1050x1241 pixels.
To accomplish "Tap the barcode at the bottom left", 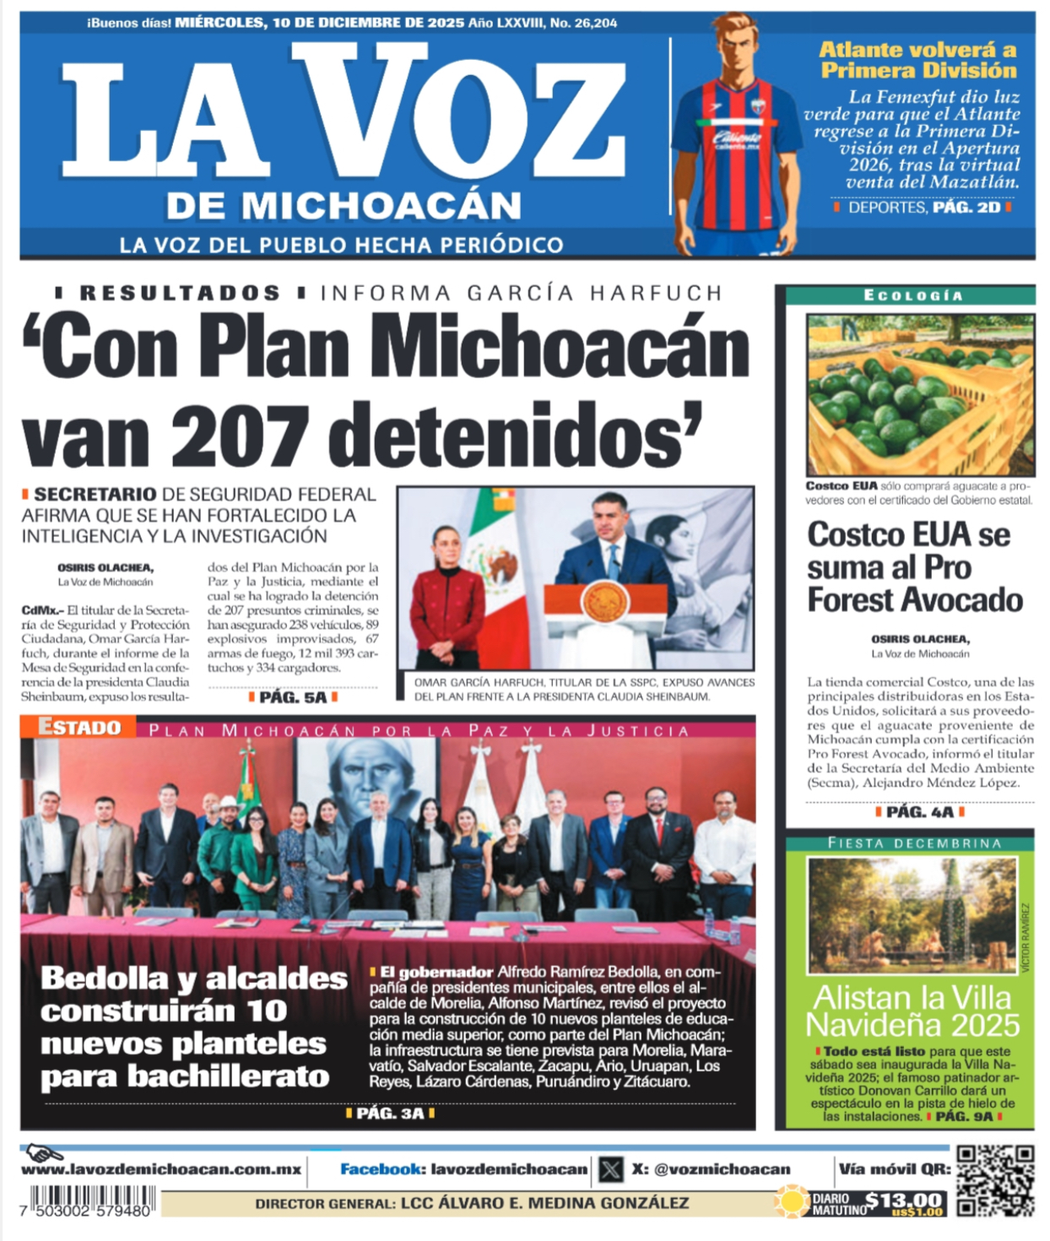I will coord(88,1199).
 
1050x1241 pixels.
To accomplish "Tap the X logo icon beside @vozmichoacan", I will coord(610,1170).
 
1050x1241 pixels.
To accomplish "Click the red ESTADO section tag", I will coord(79,727).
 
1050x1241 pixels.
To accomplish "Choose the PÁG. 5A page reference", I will coord(292,697).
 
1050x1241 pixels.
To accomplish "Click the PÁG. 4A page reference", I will coord(919,811).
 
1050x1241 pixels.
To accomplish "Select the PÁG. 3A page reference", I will coord(389,1114).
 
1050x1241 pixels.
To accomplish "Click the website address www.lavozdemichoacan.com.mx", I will coord(161,1169).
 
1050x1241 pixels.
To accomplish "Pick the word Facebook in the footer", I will coord(382,1169).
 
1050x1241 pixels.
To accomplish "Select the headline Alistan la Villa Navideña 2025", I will coord(912,1011).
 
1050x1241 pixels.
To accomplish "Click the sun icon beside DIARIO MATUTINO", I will coord(792,1200).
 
